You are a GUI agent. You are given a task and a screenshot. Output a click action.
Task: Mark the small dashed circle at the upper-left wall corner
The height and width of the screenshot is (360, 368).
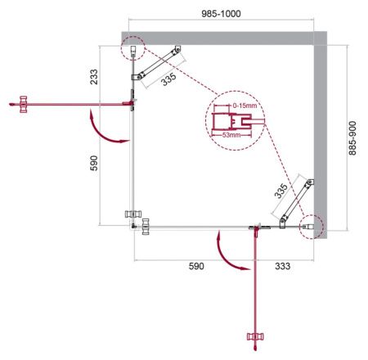click(132, 48)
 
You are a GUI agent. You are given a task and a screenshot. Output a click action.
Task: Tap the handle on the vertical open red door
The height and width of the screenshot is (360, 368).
click(257, 335)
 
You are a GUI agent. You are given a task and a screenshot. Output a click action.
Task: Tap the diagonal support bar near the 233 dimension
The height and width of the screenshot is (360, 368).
click(157, 65)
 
